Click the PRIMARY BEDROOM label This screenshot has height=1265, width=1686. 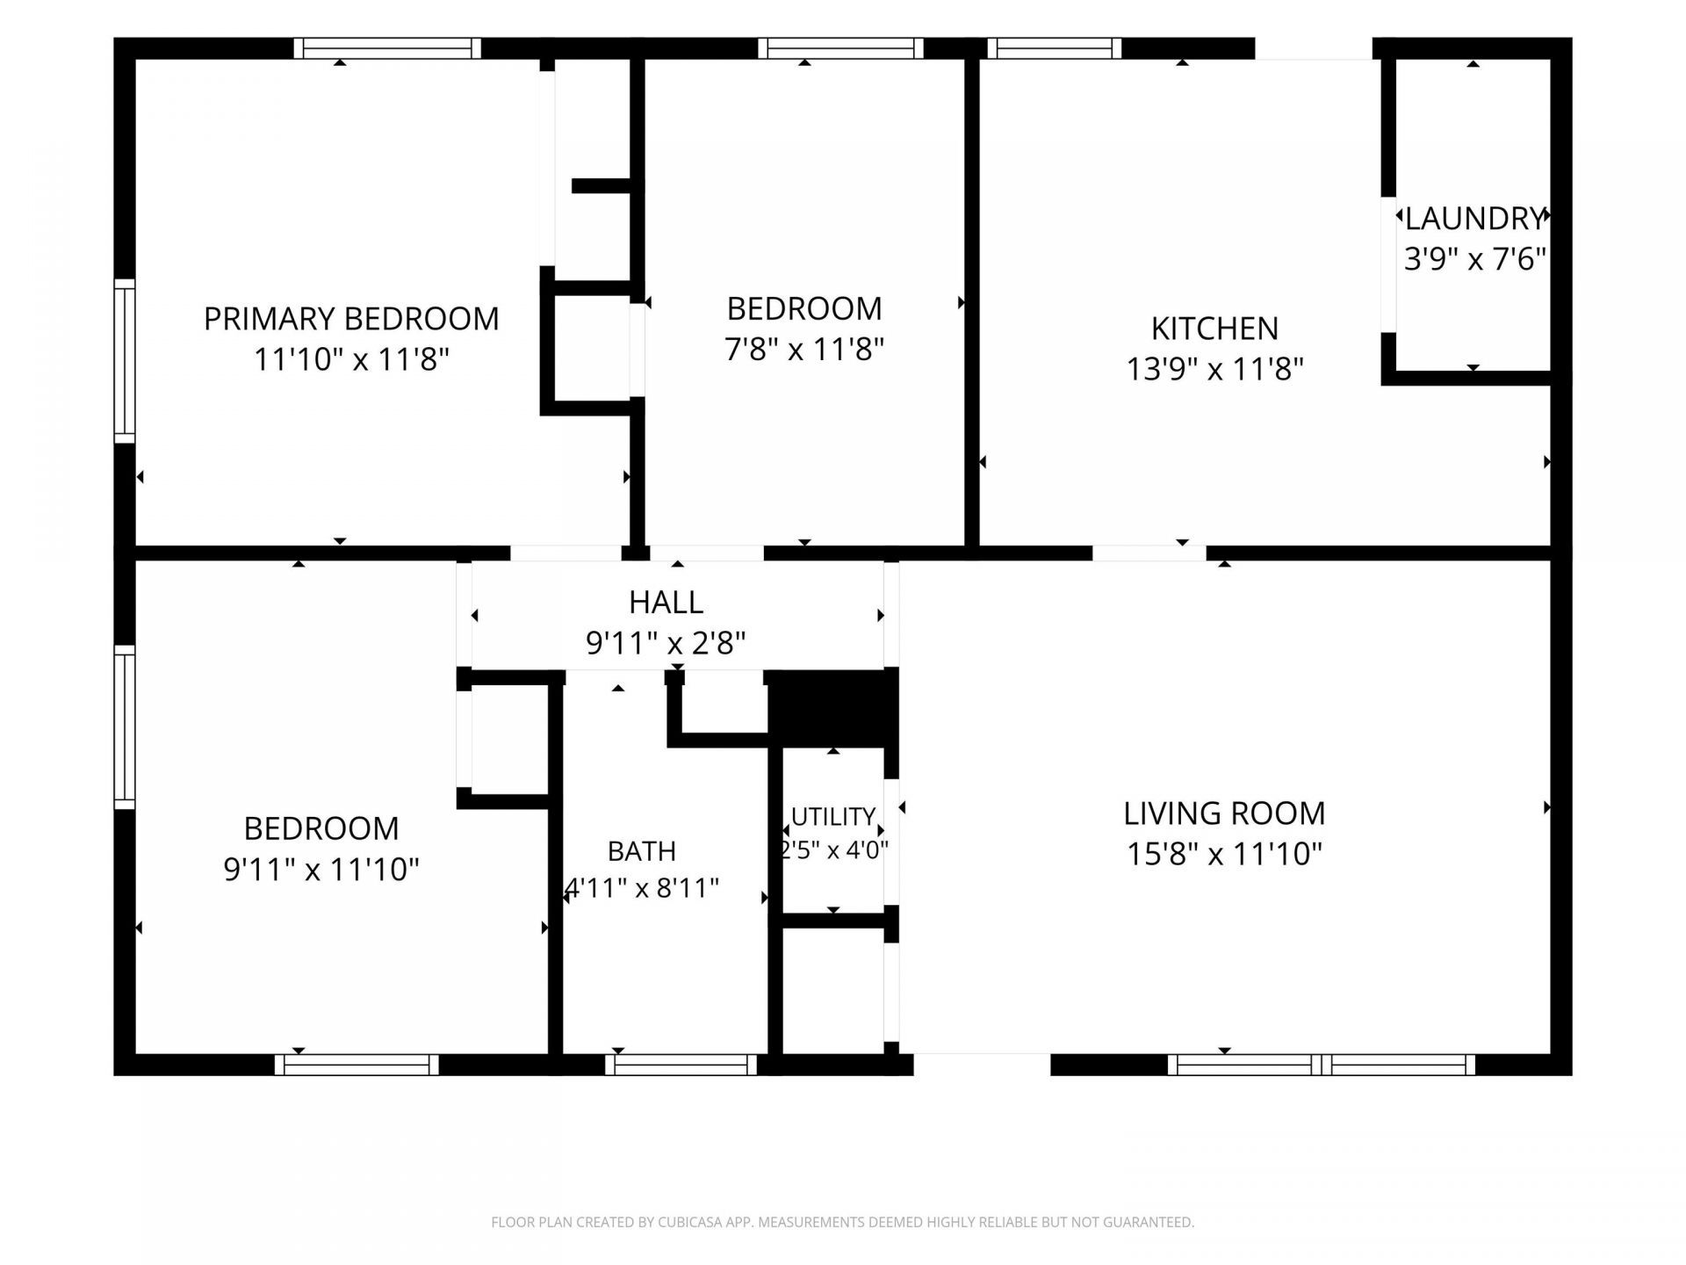coord(351,318)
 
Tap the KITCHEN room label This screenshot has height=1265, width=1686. coord(1214,329)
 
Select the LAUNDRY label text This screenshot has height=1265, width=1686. coord(1474,218)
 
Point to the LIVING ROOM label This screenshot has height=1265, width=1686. coord(1224,813)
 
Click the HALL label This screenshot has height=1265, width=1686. coord(666,603)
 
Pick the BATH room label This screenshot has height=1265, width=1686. coord(642,851)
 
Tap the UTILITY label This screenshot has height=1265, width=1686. coord(833,817)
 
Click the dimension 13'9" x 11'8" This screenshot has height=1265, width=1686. coord(1214,369)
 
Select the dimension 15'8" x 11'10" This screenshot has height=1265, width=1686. coord(1224,854)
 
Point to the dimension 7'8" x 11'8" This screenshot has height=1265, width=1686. coord(803,350)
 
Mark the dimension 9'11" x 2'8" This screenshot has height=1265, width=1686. coord(666,644)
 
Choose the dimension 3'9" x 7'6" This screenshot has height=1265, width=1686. coord(1474,259)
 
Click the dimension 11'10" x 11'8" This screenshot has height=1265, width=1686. coord(351,359)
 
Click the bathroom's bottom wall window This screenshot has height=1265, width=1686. coord(681,1065)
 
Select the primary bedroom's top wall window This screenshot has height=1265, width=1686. coord(387,48)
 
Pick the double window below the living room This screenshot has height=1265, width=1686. coord(1322,1065)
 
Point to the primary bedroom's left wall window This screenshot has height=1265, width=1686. coord(125,361)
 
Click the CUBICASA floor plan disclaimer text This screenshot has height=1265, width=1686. coord(843,1222)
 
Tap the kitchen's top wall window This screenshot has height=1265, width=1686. coord(1054,48)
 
